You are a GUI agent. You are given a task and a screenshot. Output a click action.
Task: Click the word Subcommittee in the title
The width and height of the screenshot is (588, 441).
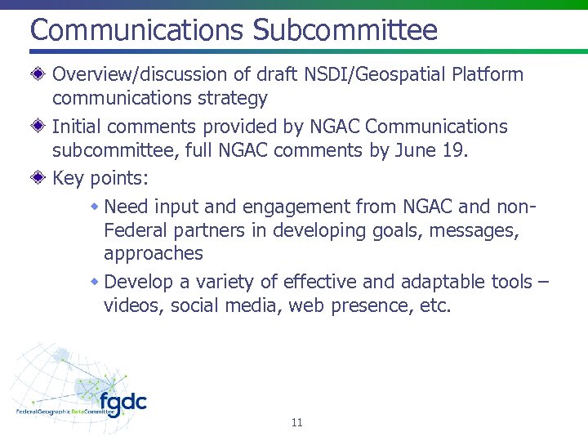[345, 30]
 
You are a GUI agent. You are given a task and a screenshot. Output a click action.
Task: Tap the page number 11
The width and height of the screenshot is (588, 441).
[296, 422]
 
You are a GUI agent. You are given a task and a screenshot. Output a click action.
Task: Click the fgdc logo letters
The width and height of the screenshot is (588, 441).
[123, 403]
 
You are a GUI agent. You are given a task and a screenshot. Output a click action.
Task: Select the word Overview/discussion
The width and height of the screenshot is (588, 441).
[140, 74]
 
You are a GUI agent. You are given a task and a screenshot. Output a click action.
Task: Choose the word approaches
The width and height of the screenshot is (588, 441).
[154, 254]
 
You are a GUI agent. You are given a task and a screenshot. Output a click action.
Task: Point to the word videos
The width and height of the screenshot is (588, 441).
[131, 306]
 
